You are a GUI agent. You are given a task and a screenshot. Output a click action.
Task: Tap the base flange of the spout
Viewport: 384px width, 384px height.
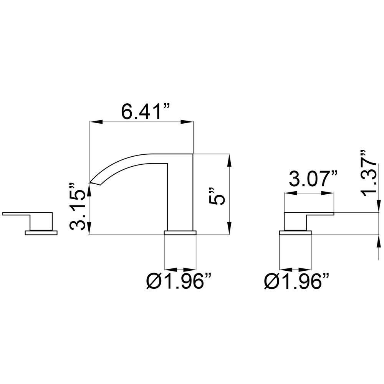pos(180,232)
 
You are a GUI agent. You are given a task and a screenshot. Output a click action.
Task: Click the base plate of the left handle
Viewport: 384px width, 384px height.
pos(41,232)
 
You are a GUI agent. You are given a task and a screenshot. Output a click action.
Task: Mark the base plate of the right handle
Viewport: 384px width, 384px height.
pos(295,232)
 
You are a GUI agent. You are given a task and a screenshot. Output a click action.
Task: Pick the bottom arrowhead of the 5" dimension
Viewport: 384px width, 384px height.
pos(229,229)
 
